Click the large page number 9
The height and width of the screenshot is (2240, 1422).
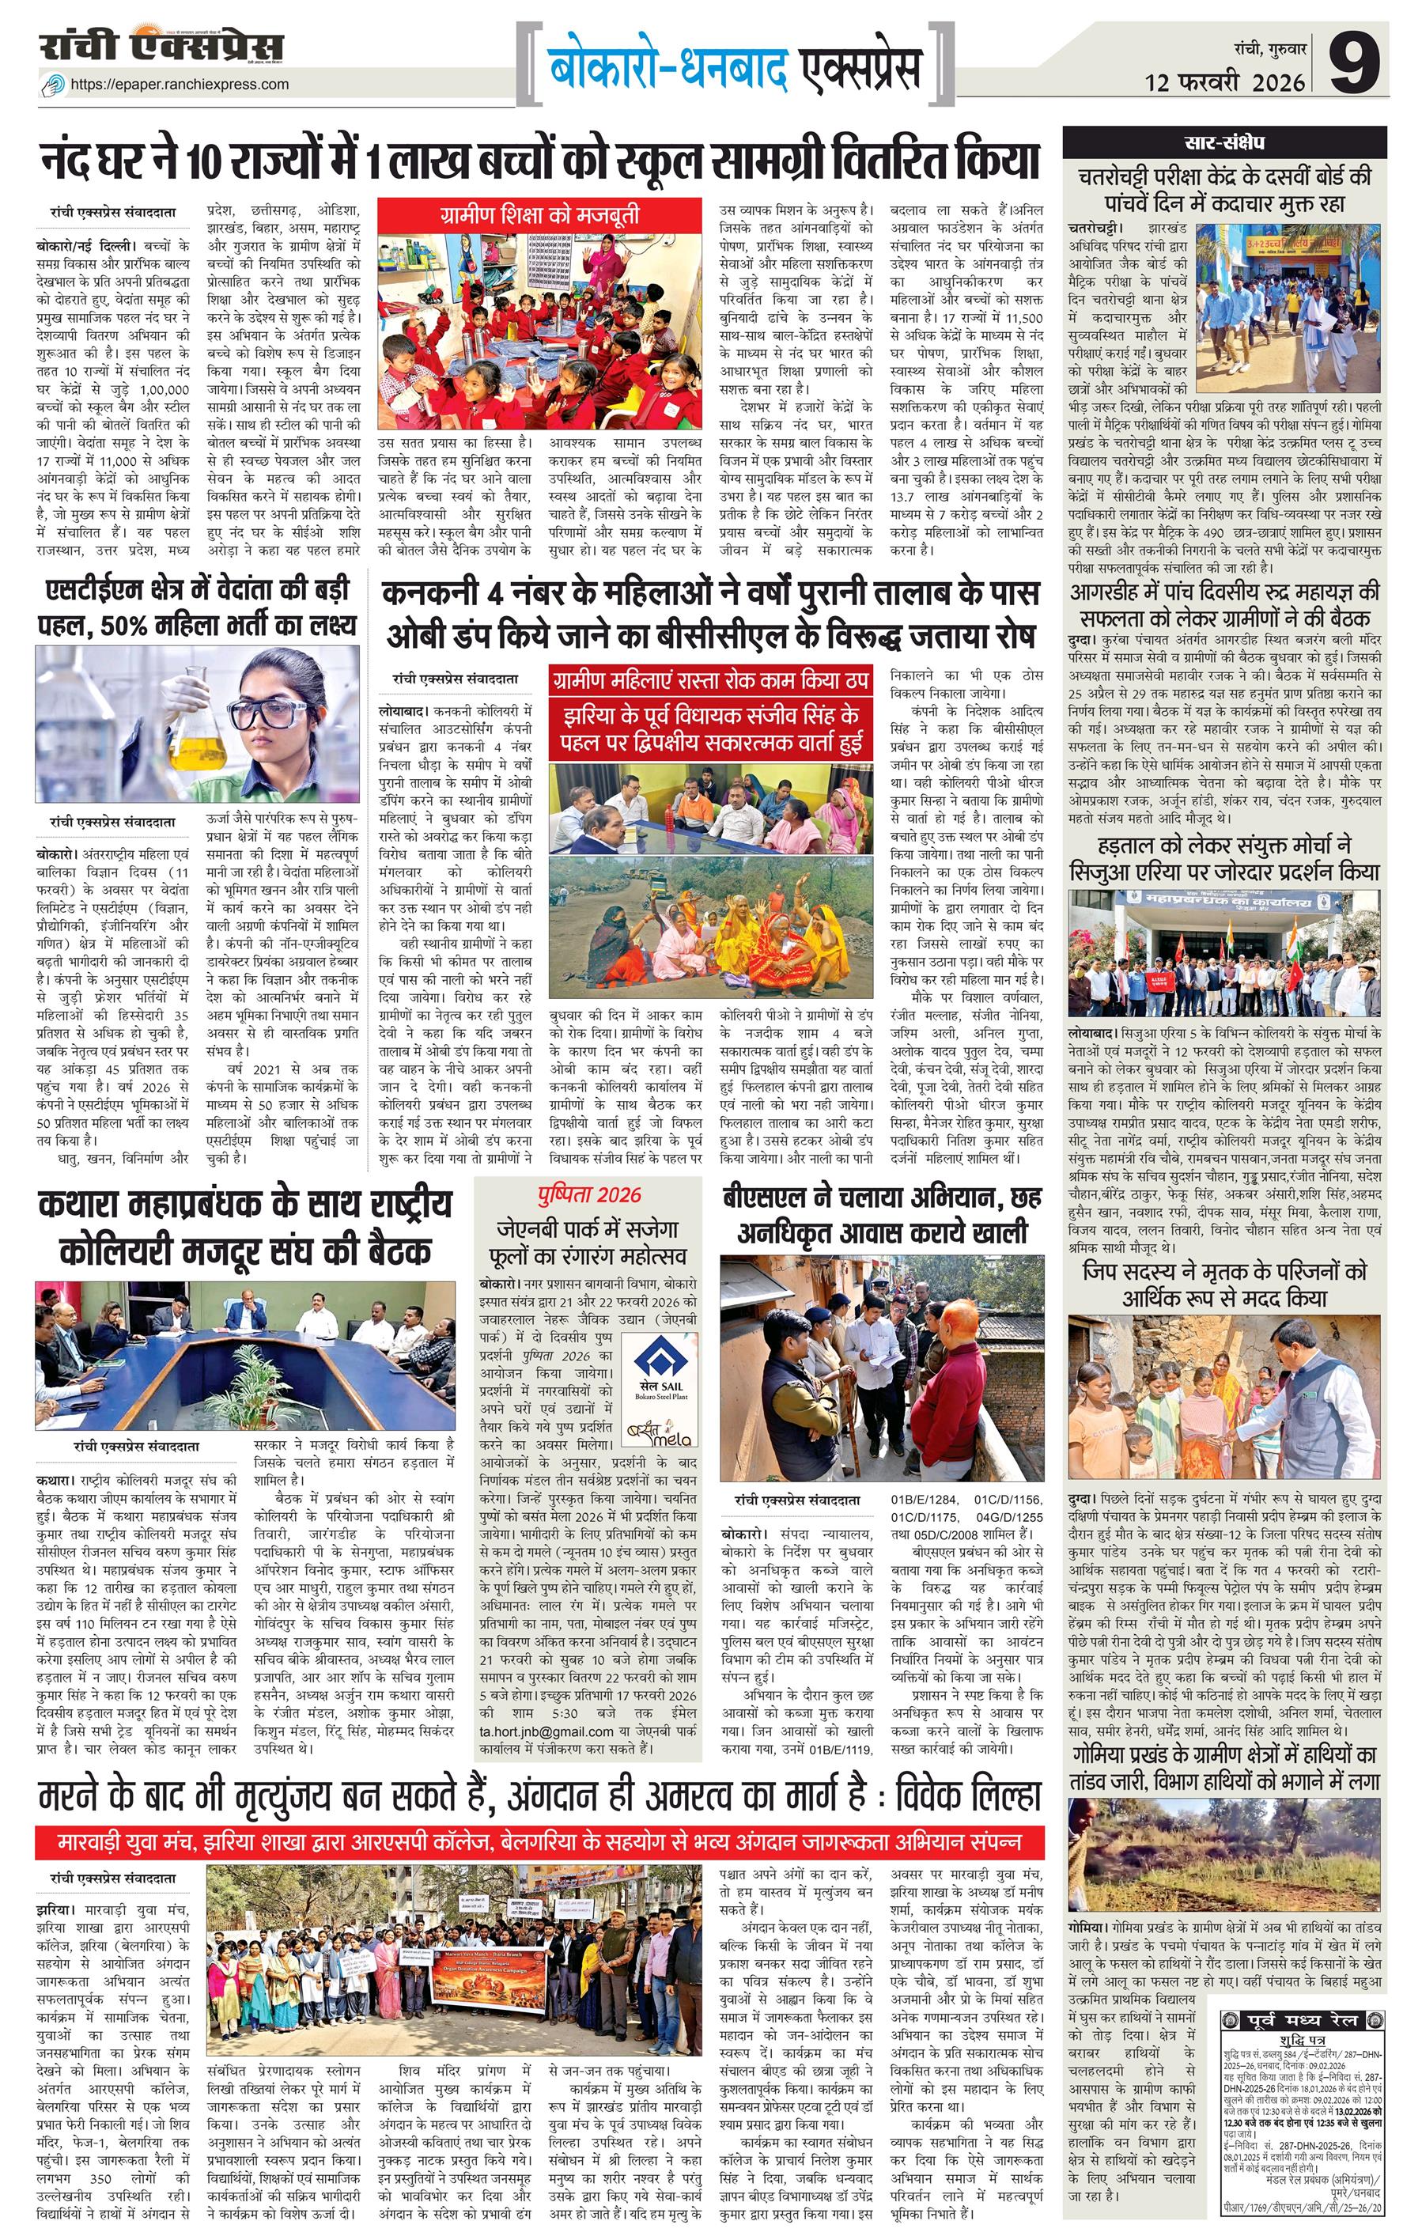[1354, 62]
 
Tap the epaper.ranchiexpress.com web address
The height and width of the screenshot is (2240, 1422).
[180, 84]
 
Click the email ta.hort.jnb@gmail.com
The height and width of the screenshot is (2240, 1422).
[546, 1732]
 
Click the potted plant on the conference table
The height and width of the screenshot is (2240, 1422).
[248, 1391]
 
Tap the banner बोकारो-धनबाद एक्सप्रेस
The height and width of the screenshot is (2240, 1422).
[735, 68]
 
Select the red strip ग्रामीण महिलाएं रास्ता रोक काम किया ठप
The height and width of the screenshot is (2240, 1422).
[709, 680]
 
